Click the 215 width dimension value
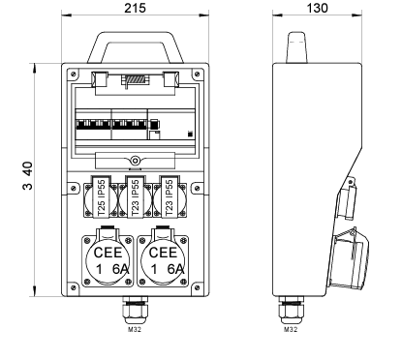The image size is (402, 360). (135, 8)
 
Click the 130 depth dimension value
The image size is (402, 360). (317, 8)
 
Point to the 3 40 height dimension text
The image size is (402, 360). (28, 176)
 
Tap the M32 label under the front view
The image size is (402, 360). (135, 329)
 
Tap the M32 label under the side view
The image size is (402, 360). (291, 329)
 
